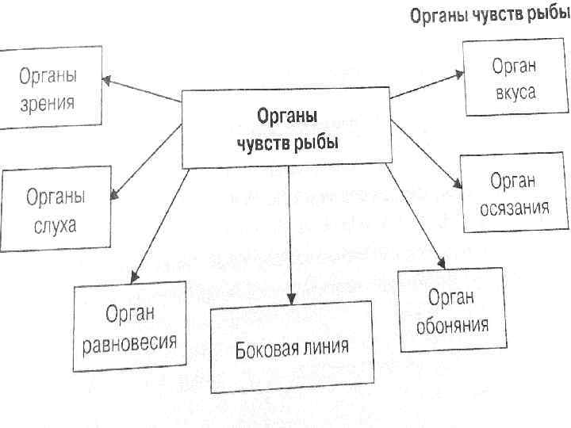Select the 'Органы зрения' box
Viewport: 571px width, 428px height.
click(49, 89)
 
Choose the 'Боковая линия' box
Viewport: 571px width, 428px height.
click(292, 348)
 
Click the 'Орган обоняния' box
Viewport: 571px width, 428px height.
click(451, 311)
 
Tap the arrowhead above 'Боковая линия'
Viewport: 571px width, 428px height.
click(291, 299)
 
